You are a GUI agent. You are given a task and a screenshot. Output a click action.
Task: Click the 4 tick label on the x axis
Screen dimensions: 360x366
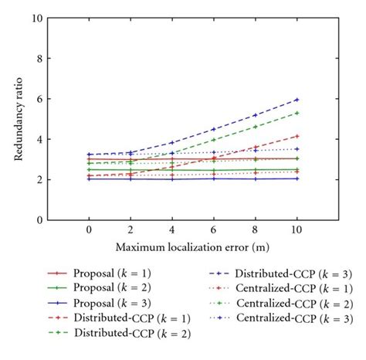pyautogui.click(x=171, y=230)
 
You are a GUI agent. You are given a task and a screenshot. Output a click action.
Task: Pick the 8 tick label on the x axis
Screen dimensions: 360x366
pyautogui.click(x=255, y=230)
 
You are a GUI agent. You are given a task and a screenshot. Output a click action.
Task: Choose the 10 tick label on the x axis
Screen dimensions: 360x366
pyautogui.click(x=297, y=230)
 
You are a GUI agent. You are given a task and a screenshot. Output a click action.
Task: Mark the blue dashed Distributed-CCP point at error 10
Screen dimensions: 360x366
pyautogui.click(x=297, y=100)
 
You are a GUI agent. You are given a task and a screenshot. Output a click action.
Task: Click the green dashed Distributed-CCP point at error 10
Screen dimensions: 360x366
pyautogui.click(x=297, y=113)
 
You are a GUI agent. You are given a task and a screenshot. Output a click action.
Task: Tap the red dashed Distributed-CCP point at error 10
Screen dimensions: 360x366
pyautogui.click(x=297, y=136)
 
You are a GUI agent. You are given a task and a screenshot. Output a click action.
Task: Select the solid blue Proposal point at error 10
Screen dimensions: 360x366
pyautogui.click(x=297, y=178)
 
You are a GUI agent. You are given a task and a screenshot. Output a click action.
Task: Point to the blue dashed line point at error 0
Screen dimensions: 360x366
pyautogui.click(x=88, y=155)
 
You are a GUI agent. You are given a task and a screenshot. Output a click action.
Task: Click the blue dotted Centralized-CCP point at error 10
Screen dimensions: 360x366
pyautogui.click(x=297, y=149)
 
